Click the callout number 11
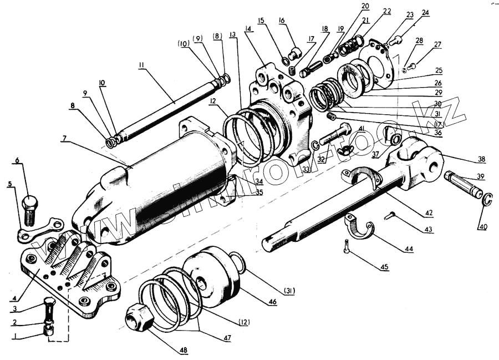[141, 65]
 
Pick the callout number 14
[247, 28]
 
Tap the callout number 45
[384, 267]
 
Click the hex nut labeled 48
[139, 318]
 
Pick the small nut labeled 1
[49, 331]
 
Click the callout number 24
[425, 12]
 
